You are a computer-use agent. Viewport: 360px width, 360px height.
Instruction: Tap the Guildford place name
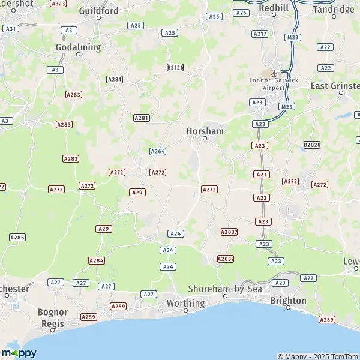click(98, 11)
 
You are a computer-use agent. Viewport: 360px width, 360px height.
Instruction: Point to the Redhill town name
click(274, 8)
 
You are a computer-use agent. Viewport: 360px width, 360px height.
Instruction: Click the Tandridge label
click(334, 10)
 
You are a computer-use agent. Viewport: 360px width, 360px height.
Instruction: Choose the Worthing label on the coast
click(185, 304)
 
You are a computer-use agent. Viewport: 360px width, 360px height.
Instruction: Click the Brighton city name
click(288, 301)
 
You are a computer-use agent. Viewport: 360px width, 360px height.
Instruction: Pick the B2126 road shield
click(175, 68)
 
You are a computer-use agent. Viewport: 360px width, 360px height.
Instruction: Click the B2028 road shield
click(311, 145)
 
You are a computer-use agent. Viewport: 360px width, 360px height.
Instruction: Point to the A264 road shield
click(158, 152)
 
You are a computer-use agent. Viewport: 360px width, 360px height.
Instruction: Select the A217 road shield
click(260, 34)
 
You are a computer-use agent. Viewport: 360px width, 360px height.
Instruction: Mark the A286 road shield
click(17, 238)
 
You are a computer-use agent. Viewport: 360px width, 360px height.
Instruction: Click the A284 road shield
click(96, 260)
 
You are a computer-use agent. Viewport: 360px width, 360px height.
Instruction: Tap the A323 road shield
click(58, 4)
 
